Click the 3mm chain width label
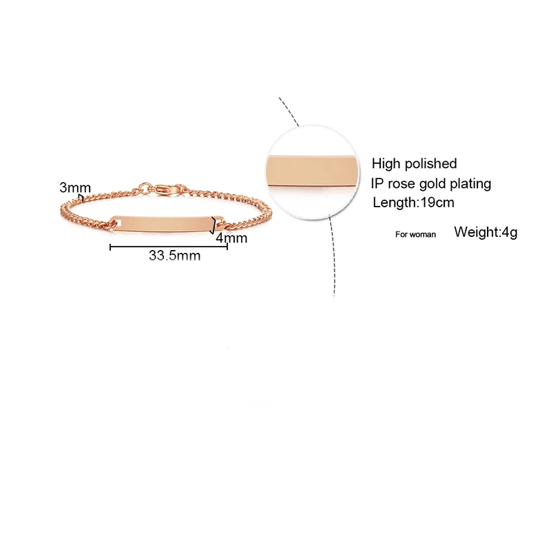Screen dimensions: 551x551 (x=75, y=187)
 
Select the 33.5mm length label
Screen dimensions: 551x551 (x=174, y=256)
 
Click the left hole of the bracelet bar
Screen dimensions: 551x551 (x=116, y=222)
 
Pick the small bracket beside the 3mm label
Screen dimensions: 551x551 (x=83, y=197)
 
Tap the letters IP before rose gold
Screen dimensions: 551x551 (x=377, y=183)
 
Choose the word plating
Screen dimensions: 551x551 (x=469, y=183)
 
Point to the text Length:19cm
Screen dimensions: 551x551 (x=413, y=202)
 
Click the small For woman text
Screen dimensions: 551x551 (x=415, y=234)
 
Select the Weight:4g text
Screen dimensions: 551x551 (x=486, y=232)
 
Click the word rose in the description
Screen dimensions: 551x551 (x=403, y=183)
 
